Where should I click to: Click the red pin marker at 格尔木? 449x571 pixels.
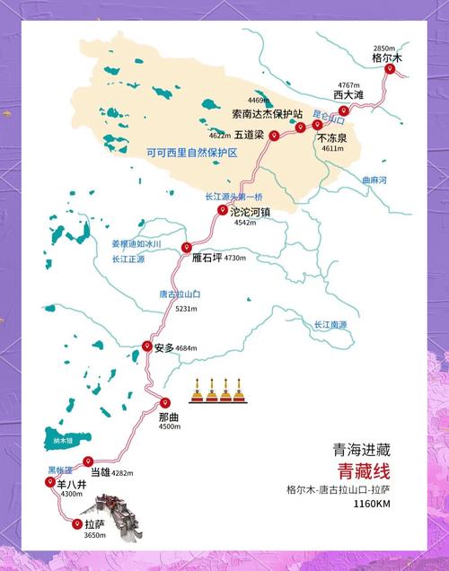point(390,68)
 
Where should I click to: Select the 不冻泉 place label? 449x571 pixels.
point(332,138)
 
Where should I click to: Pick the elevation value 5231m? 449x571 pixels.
point(187,308)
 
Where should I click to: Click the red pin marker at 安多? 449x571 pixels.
point(147,347)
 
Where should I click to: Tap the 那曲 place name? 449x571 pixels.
point(170,417)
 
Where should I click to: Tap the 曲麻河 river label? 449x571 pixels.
point(374,180)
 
